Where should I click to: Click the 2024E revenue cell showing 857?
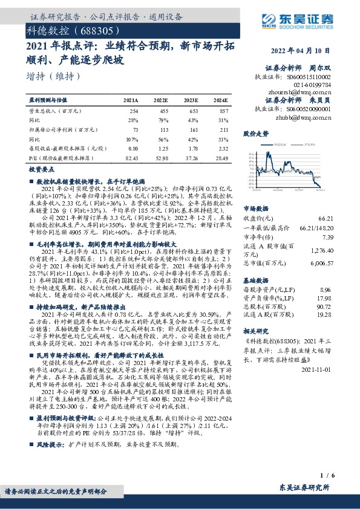coord(223,112)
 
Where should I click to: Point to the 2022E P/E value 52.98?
coord(161,157)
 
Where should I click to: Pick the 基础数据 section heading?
coord(255,281)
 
